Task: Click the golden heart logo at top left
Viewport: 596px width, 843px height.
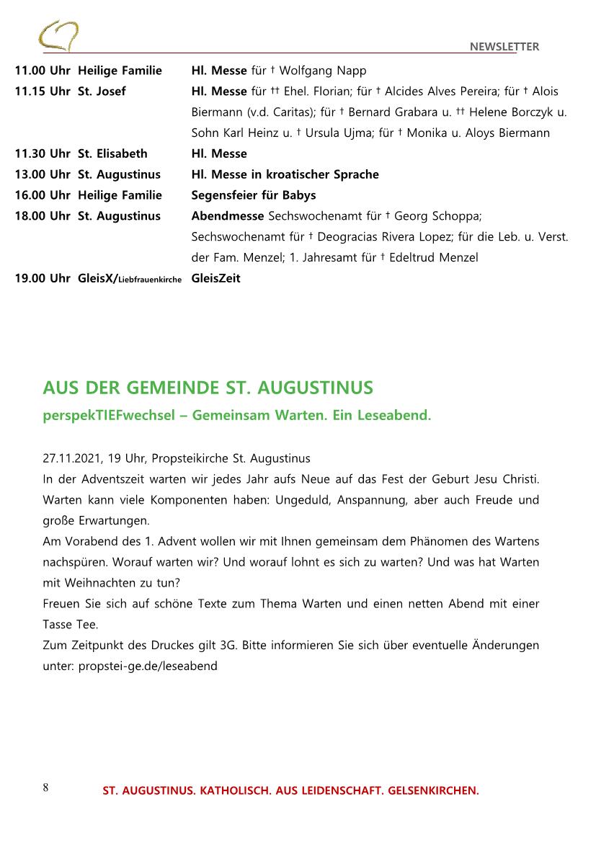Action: coord(58,35)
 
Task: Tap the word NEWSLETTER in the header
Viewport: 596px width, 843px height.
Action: coord(504,47)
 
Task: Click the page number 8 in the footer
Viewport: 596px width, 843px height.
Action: coord(45,788)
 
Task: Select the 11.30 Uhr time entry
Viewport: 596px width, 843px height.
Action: coord(43,153)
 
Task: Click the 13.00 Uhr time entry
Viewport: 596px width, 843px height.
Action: coord(43,174)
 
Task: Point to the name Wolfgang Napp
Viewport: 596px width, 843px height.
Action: coord(322,71)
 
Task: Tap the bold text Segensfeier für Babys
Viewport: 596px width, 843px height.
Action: coord(253,195)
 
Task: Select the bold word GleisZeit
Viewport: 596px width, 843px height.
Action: coord(215,278)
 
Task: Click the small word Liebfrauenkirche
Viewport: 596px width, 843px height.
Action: coord(150,280)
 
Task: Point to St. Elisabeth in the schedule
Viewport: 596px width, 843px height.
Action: coord(112,153)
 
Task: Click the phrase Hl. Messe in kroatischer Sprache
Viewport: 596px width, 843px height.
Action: coord(285,174)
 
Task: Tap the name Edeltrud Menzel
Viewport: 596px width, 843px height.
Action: coord(433,257)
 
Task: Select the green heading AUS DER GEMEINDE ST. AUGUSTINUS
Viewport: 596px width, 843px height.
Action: coord(208,388)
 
